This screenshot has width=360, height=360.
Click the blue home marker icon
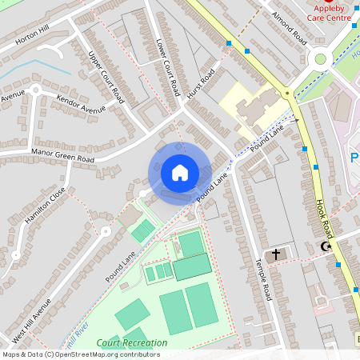tap(180, 172)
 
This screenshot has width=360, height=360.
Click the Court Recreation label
tap(132, 343)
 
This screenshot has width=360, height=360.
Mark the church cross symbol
tap(276, 254)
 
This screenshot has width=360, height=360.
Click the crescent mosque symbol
tap(326, 246)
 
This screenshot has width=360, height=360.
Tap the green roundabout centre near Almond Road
tap(322, 58)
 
